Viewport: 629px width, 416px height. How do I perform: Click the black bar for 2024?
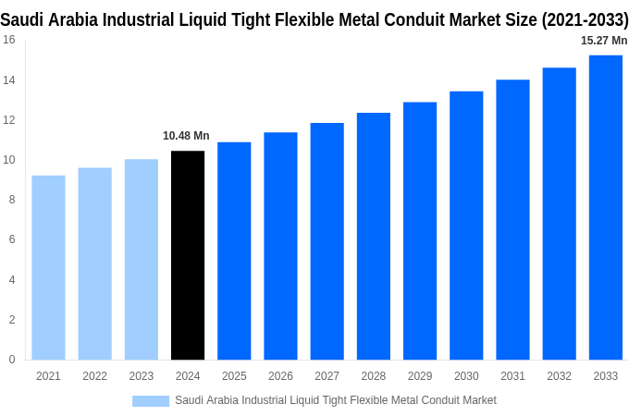point(188,255)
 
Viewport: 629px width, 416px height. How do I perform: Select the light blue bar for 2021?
point(48,267)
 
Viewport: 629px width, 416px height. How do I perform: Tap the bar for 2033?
point(606,207)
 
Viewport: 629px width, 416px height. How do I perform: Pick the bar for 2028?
point(374,236)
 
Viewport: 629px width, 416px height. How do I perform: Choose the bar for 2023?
point(142,259)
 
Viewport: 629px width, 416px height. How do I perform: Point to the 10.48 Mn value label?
point(186,136)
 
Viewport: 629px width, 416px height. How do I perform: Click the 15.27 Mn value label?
point(604,41)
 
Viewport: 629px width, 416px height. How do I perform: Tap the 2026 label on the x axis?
point(280,376)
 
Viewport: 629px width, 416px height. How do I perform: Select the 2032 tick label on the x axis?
point(559,376)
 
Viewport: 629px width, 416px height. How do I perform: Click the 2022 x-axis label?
point(94,376)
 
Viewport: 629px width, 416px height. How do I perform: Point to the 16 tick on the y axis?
point(8,40)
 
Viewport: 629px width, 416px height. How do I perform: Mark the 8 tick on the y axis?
point(11,200)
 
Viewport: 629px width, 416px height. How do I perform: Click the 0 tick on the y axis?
point(11,360)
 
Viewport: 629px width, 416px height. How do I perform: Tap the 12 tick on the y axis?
point(8,120)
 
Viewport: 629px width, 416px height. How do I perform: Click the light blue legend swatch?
point(151,400)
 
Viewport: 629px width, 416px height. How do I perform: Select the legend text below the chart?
point(336,400)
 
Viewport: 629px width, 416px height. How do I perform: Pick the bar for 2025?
point(234,251)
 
